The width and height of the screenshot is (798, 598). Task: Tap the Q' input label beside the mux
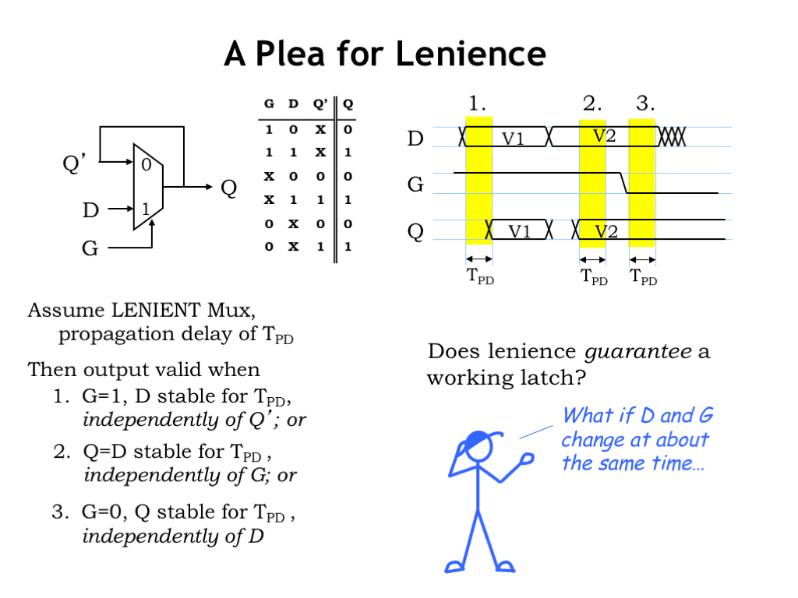coord(75,164)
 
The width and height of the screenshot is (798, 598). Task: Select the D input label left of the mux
coord(90,209)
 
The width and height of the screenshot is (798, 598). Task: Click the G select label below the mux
coord(90,249)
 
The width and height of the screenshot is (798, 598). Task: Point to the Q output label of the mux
coord(228,188)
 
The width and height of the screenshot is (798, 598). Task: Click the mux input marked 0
coord(146,164)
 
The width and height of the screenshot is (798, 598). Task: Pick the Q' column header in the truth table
coord(320,104)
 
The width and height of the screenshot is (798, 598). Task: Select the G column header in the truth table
coord(269,104)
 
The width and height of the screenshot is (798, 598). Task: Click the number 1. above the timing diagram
coord(478,103)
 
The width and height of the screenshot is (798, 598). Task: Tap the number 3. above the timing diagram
coord(645,103)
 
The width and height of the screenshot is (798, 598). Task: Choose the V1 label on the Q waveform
coord(520,231)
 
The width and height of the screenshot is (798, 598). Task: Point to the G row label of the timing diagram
coord(416,185)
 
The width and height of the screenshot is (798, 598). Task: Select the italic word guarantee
coord(638,351)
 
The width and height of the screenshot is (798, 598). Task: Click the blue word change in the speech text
coord(591,439)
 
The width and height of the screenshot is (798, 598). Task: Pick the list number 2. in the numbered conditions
coord(62,452)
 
